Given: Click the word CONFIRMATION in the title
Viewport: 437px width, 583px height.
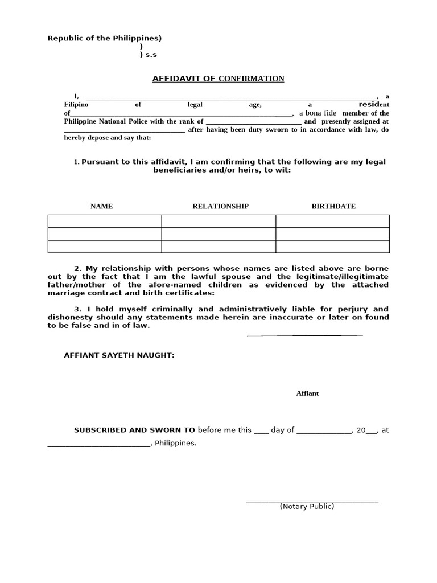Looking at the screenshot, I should (251, 79).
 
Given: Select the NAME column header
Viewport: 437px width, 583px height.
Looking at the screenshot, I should (101, 206).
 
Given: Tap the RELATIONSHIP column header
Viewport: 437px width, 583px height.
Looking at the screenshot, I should (220, 206).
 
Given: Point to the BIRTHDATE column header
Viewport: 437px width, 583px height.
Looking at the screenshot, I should (333, 206).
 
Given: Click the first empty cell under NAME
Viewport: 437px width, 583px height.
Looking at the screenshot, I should (105, 221).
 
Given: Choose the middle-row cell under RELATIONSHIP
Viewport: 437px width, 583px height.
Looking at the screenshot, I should (218, 233).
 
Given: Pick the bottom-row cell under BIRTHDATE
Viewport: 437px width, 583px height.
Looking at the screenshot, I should (333, 246).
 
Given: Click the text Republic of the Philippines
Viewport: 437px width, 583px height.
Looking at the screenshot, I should (104, 38).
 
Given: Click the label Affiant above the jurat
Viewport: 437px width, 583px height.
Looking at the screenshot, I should (307, 393).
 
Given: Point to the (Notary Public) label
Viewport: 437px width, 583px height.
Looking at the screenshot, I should (307, 506).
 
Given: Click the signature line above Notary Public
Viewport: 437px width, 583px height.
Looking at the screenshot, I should (312, 501).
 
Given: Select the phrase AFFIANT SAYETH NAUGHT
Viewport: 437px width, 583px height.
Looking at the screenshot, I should (119, 355).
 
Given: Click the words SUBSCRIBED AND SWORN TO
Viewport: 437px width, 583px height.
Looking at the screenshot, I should (134, 430).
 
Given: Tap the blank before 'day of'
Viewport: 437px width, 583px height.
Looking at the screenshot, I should (261, 432).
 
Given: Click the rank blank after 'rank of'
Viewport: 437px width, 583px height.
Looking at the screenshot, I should (253, 123).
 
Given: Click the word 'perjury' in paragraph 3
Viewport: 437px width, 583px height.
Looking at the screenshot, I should (344, 309).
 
